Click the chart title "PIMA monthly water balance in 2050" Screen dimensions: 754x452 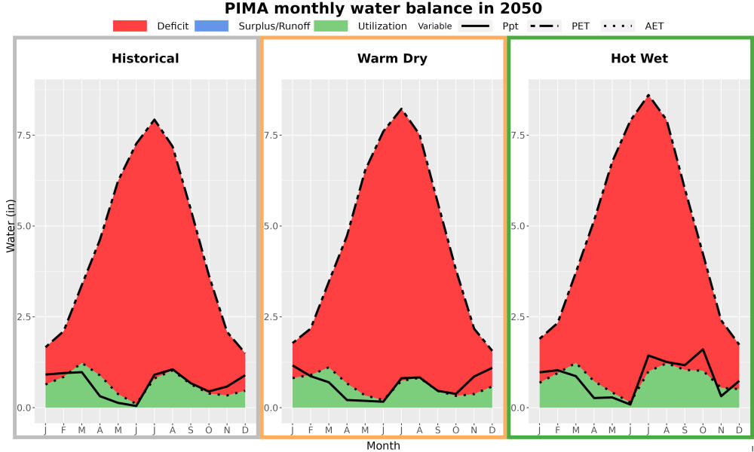point(383,8)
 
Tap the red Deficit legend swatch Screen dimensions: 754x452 point(130,26)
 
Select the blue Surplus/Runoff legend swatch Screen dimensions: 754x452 point(212,26)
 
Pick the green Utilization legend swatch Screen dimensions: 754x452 point(331,26)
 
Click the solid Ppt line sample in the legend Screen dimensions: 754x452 point(475,26)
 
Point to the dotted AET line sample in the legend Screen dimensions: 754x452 point(618,26)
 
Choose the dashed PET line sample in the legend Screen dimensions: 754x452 point(544,26)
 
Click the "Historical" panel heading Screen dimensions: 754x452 point(146,59)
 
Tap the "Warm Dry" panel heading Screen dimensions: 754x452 point(392,59)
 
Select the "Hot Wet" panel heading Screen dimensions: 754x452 point(639,59)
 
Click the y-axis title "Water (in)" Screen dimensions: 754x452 point(11,226)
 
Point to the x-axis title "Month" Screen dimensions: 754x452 point(383,446)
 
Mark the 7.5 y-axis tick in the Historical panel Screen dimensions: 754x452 point(24,135)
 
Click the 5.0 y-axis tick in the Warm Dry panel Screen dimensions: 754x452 point(271,226)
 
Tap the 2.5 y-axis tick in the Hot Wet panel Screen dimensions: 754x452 point(519,316)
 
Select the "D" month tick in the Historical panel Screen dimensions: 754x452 point(245,430)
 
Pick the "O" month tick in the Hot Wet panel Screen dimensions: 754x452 point(703,430)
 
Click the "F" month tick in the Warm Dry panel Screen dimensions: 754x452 point(311,430)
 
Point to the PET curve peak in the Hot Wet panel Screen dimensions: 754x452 point(648,96)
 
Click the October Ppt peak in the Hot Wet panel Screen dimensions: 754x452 point(703,350)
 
